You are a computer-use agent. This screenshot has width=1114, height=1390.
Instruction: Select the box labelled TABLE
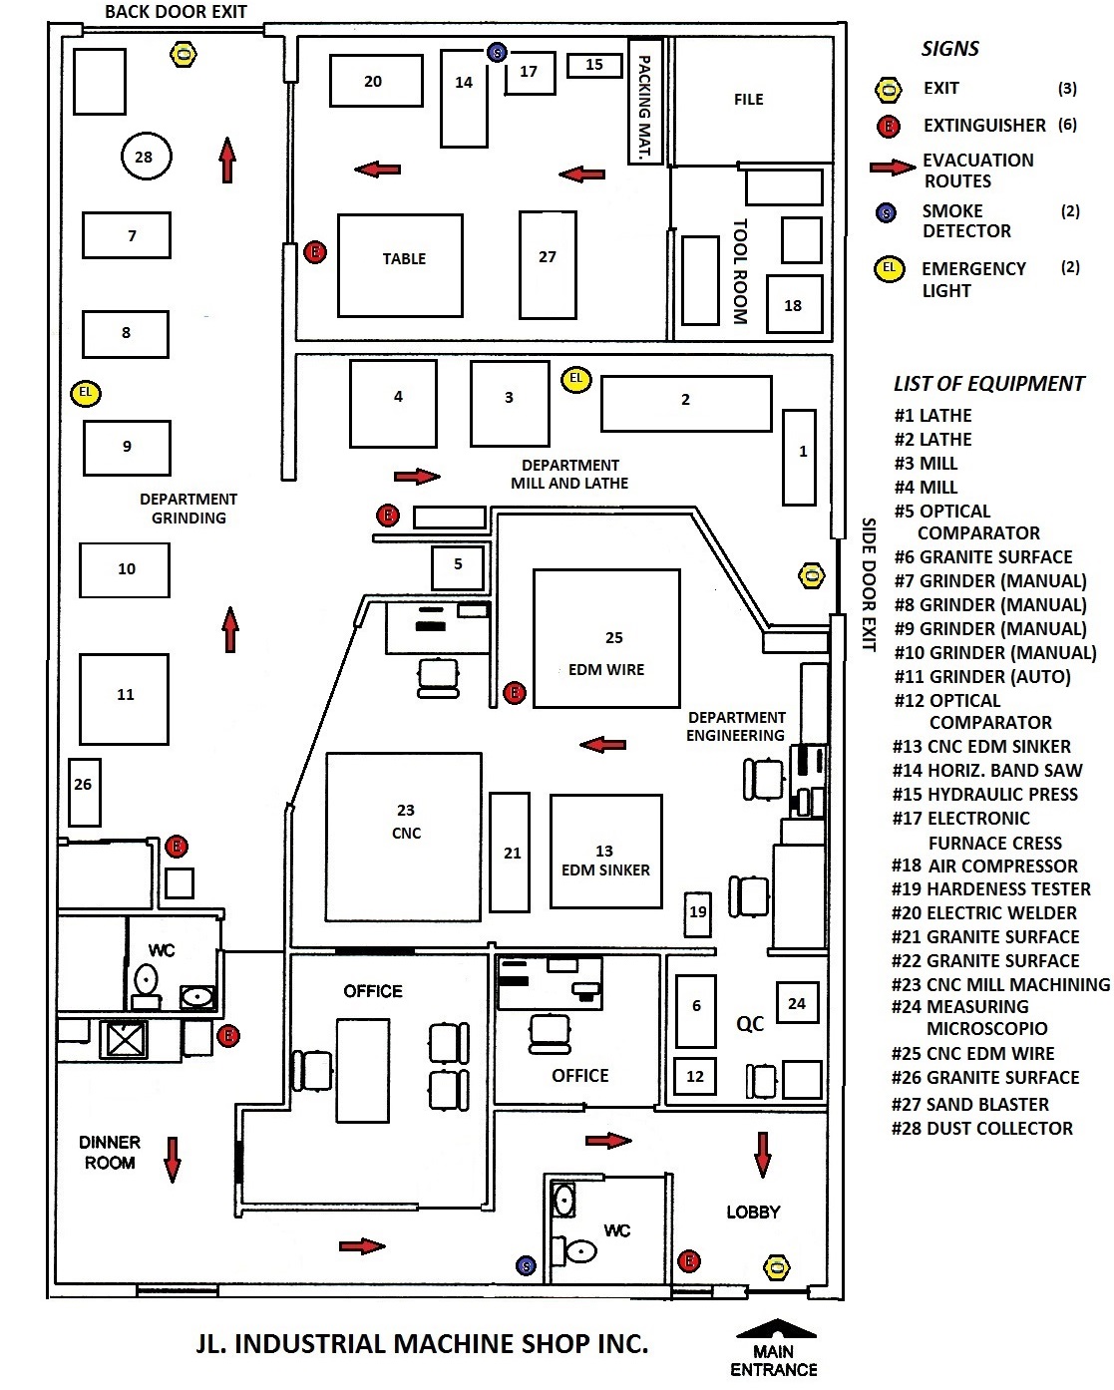(x=400, y=265)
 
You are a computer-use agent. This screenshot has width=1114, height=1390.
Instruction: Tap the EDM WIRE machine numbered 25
(x=606, y=638)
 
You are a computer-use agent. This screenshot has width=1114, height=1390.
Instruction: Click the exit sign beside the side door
(x=812, y=575)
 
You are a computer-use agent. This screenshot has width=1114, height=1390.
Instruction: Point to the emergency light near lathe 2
(x=575, y=379)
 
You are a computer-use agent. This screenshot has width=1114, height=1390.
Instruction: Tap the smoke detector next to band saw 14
(x=497, y=52)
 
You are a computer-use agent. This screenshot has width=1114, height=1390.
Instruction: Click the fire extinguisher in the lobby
(x=689, y=1260)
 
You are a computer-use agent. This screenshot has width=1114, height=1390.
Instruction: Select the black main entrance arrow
(x=776, y=1328)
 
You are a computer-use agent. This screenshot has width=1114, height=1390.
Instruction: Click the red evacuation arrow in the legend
(x=893, y=168)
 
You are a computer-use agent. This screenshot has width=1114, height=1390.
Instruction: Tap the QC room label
(x=750, y=1023)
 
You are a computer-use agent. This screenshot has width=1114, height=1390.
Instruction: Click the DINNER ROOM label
(x=109, y=1153)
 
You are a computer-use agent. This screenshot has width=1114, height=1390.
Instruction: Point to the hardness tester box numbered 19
(x=697, y=914)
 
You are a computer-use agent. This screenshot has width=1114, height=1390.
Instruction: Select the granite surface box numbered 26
(x=84, y=792)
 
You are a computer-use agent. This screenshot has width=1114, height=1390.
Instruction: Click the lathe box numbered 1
(x=799, y=457)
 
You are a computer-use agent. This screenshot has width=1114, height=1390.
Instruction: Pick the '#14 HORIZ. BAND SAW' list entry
(x=986, y=770)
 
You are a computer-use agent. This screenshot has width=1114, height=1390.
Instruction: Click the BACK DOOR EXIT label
(x=176, y=12)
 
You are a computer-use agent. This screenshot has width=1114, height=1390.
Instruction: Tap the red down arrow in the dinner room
(x=173, y=1160)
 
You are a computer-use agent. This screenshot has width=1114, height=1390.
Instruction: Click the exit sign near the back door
(x=183, y=54)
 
